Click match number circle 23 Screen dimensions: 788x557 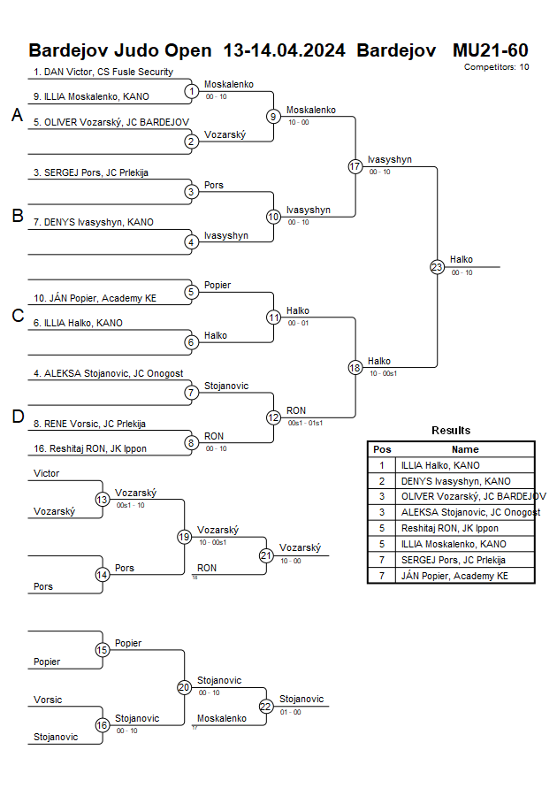437,266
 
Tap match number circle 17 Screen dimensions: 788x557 355,166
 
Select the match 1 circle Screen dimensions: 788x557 191,90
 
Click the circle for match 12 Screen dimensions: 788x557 273,417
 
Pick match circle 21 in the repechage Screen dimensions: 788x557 266,555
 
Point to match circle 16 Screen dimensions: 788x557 103,725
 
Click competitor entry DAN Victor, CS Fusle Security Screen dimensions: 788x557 103,72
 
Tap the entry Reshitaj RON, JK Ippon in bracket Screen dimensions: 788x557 90,448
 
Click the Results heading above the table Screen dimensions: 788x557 451,430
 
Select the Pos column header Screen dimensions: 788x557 382,449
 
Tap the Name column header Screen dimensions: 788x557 465,449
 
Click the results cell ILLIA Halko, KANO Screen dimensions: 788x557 440,464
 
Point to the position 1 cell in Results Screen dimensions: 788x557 382,464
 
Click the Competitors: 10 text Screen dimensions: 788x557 496,66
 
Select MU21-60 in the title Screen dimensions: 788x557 490,50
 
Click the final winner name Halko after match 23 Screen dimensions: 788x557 462,259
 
